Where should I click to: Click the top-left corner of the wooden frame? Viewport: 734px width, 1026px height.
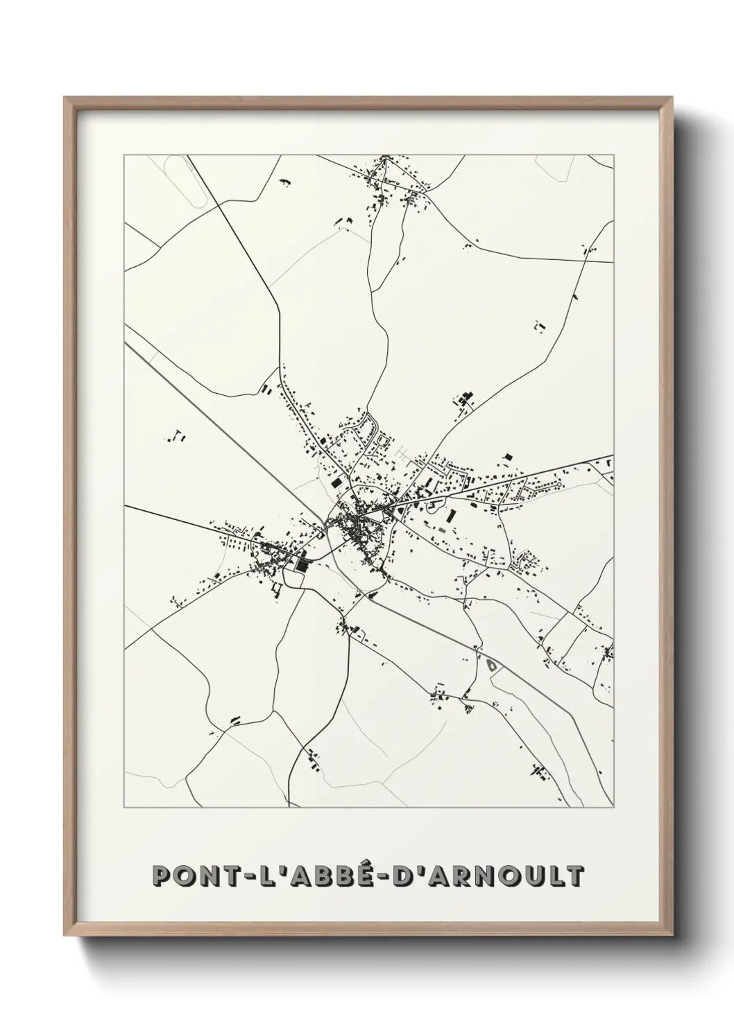[65, 98]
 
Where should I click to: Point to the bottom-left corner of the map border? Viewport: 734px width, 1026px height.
[124, 808]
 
